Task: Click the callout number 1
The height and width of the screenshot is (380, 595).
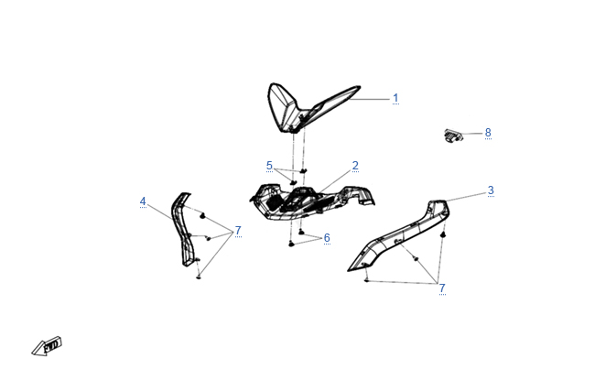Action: coord(395,98)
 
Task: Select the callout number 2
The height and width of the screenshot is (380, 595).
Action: coord(355,166)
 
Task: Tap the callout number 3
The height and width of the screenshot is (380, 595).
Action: coord(491,190)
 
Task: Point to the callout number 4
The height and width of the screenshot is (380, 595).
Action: coord(143,201)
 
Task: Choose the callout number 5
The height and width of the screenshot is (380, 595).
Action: coord(269,166)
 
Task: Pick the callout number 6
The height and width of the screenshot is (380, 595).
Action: coord(327,238)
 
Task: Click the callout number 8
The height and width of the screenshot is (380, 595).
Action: coord(488,133)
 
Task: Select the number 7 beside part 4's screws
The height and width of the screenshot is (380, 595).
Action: coord(238,231)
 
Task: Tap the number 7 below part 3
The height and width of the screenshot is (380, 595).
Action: coord(442,288)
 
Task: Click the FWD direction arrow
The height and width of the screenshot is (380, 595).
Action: coord(47,347)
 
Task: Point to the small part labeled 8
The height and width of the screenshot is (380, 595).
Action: coord(453,136)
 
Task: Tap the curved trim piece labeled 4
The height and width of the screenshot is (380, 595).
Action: coord(182,228)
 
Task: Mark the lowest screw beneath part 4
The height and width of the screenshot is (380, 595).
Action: coord(199,277)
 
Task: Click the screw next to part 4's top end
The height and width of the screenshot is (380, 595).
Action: coord(202,216)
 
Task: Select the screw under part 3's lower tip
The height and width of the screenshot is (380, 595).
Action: coord(366,280)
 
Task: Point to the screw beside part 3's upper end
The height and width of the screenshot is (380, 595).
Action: coord(443,235)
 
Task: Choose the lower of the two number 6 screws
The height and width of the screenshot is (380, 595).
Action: coord(291,244)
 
